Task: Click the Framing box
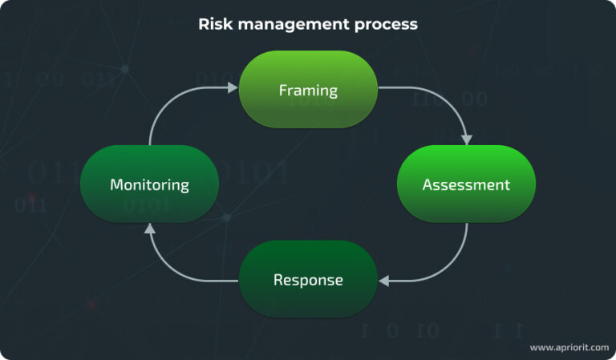(308, 89)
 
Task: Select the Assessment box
(466, 184)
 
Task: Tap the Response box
(308, 280)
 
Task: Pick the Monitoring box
(149, 184)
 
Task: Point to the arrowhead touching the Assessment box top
(467, 140)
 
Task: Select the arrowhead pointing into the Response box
(384, 281)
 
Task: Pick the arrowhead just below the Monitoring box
(149, 229)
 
